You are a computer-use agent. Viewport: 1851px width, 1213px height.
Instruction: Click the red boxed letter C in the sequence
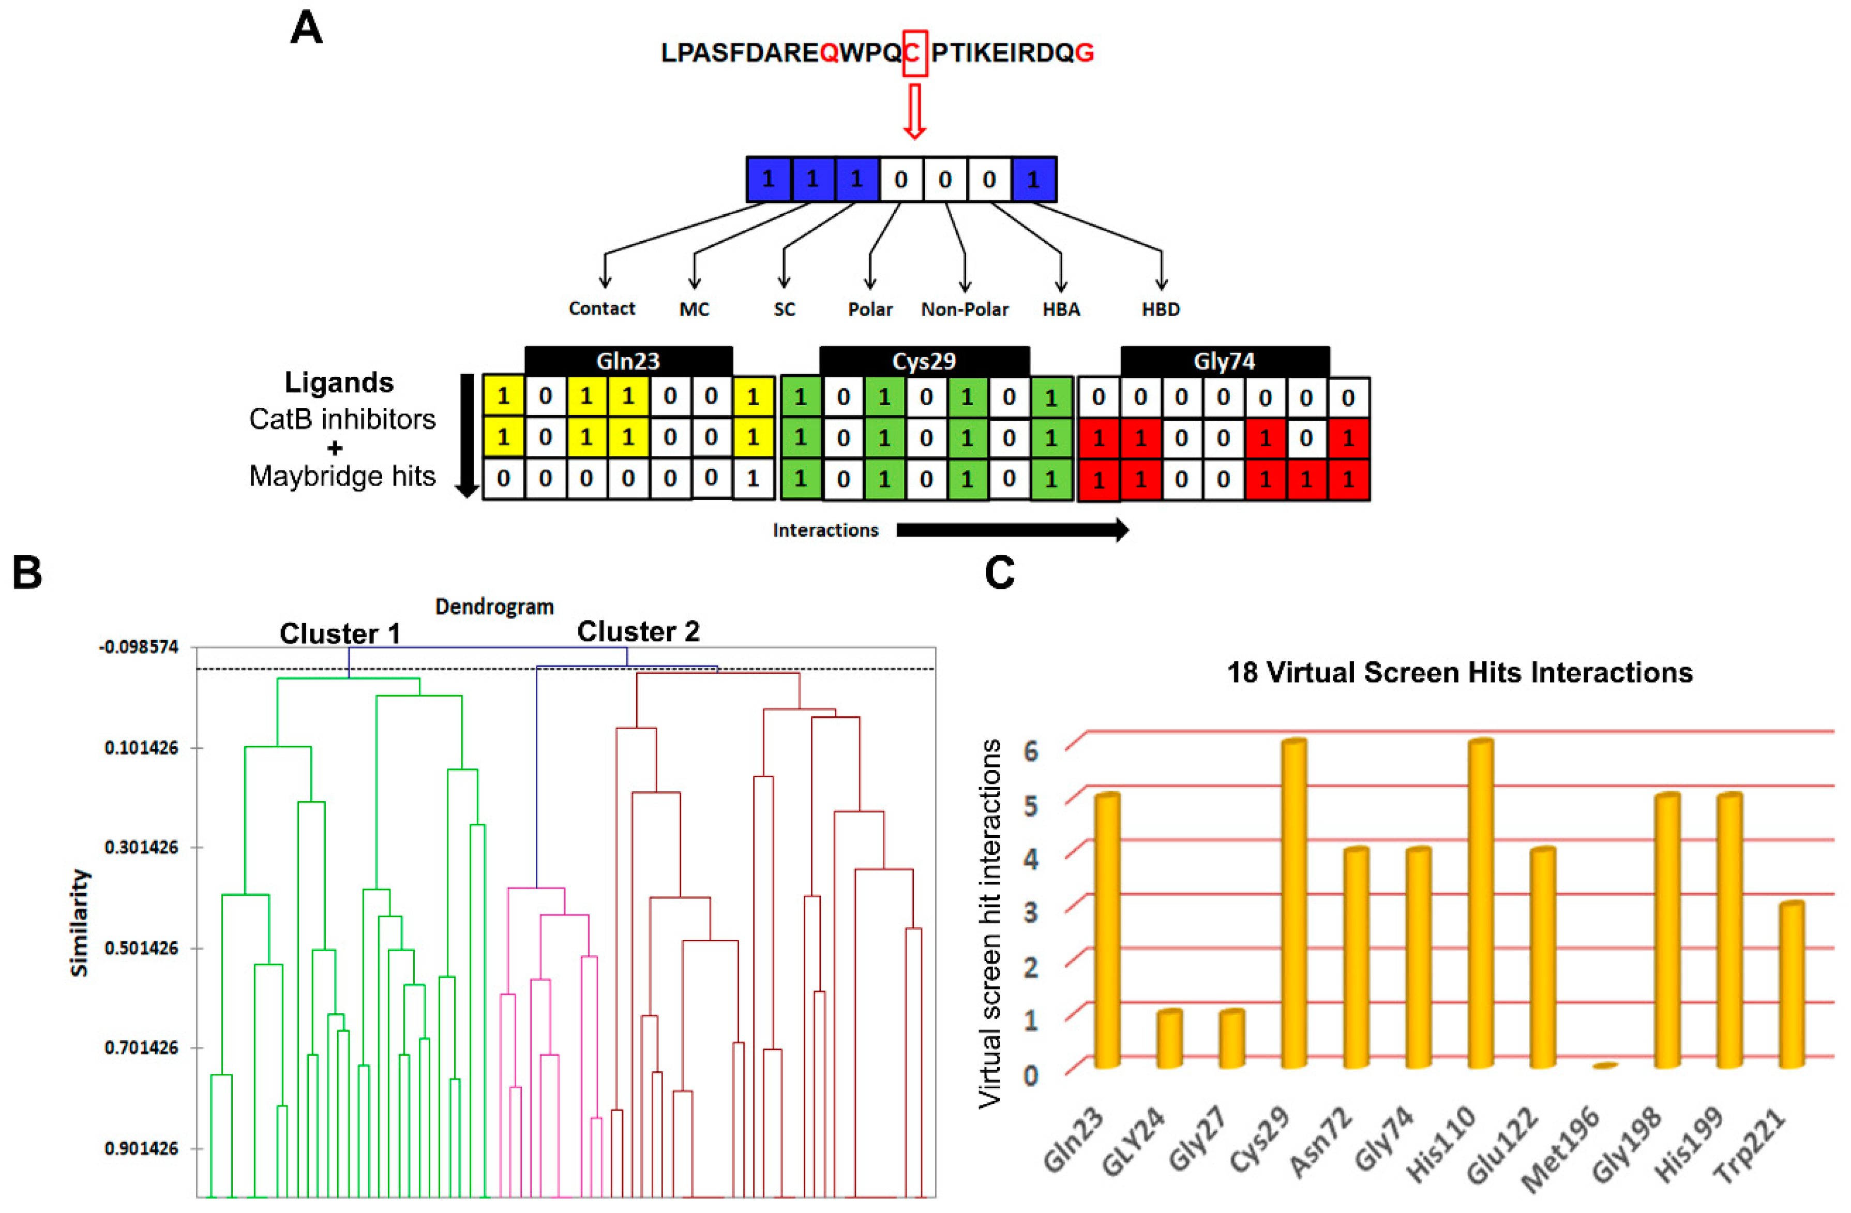(914, 53)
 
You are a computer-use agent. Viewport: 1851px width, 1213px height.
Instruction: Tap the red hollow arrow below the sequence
(914, 111)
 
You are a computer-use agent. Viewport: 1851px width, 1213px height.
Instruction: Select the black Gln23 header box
(628, 361)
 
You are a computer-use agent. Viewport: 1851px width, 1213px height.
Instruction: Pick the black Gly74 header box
(1224, 361)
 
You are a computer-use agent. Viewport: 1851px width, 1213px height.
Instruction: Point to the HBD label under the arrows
(1161, 309)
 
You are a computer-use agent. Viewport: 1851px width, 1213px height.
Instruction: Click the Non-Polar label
(965, 309)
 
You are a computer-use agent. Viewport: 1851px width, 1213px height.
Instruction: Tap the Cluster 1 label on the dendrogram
(340, 633)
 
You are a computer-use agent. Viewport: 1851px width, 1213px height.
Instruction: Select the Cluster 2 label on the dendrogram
(638, 631)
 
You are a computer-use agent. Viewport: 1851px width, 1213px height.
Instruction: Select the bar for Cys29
(1293, 903)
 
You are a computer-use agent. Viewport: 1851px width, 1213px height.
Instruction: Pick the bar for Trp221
(1791, 984)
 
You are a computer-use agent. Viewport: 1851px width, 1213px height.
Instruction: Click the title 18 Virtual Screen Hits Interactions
(1459, 672)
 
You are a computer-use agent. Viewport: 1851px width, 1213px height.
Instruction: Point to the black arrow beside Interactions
(1012, 530)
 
